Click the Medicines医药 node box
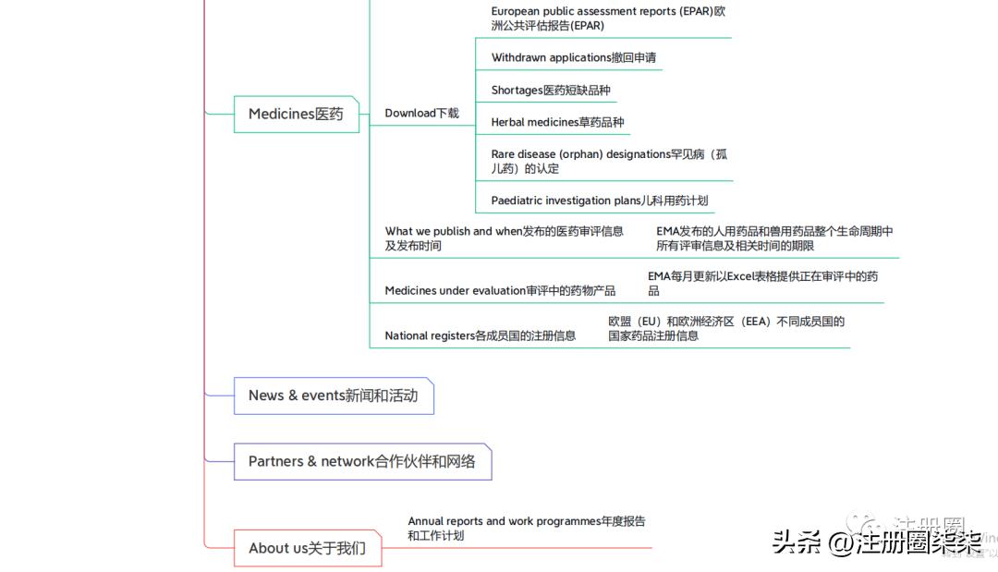[296, 114]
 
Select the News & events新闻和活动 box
[333, 396]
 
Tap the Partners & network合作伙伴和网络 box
[361, 461]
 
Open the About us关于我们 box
[307, 548]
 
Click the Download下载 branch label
[421, 113]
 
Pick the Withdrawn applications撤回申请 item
[573, 57]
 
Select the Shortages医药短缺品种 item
[551, 90]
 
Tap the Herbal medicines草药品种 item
[557, 122]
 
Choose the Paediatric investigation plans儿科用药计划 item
[599, 201]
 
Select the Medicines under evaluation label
[500, 290]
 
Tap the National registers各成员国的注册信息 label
[480, 335]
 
